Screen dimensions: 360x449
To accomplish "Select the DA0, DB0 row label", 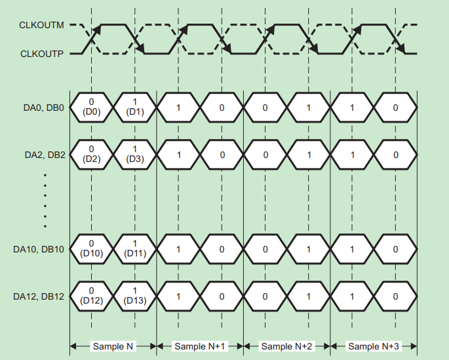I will click(x=39, y=108).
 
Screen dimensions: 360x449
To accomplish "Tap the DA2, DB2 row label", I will click(x=39, y=155).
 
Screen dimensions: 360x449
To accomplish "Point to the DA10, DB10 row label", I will click(x=39, y=249).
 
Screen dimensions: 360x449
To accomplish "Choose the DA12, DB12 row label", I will click(x=39, y=296).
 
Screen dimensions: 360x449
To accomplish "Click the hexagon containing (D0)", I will click(x=91, y=107).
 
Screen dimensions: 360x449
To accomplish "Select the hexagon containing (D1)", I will click(x=135, y=107).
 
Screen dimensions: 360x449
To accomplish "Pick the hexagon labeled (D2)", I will click(x=91, y=155).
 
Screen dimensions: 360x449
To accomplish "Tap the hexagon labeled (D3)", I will click(x=135, y=155).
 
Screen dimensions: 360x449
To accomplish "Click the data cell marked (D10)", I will click(x=91, y=249).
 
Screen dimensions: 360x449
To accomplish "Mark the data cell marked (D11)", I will click(x=135, y=249).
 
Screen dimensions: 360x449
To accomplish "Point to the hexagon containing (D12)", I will click(x=91, y=296).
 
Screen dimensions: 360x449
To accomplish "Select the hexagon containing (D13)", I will click(x=135, y=296).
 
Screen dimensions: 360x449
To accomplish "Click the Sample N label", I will click(x=113, y=346).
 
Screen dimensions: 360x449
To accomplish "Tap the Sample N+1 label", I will click(x=200, y=346).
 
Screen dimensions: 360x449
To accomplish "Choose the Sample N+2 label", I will click(x=287, y=346).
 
